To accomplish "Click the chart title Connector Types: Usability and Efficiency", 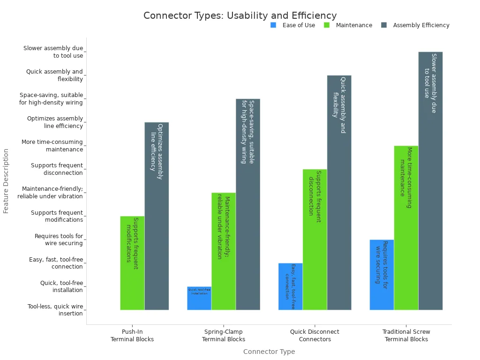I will [240, 15].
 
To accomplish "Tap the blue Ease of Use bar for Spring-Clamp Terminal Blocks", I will [199, 299].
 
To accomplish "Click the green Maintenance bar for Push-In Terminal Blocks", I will [132, 263].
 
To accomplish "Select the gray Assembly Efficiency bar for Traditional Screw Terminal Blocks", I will [430, 181].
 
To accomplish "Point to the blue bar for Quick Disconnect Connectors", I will [291, 286].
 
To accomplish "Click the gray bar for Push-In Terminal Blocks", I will [157, 216].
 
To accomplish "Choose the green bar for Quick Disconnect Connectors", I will [315, 240].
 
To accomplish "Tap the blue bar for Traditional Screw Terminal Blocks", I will [382, 275].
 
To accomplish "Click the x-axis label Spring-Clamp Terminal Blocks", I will [224, 336].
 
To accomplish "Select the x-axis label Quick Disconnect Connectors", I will [315, 336].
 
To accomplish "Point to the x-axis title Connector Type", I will [269, 352].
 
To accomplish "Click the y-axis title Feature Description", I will [6, 181].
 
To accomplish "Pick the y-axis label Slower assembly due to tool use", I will [53, 52].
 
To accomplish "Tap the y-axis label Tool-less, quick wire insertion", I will [55, 310].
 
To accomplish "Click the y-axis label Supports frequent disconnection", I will [57, 169].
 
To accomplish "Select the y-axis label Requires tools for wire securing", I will [59, 240].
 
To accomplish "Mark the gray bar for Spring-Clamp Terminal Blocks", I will [248, 204].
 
